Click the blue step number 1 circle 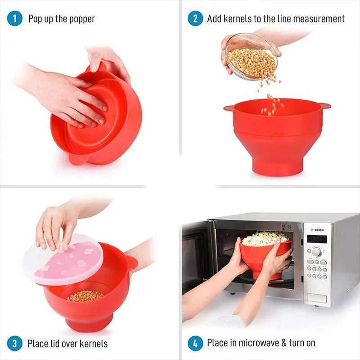tap(15, 18)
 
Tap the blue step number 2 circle tap(195, 18)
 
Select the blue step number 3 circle tap(15, 344)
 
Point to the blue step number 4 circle tap(195, 343)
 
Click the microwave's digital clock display tap(316, 239)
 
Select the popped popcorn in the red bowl tap(265, 238)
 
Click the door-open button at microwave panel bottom tap(316, 297)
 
